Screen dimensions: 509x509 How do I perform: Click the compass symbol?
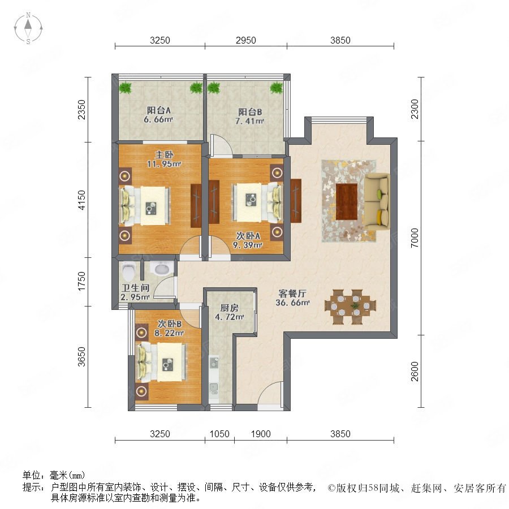(28, 28)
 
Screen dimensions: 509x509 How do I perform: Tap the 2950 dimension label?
(246, 41)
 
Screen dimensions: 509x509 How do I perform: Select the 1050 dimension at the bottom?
(219, 434)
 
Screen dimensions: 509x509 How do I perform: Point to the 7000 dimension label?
(415, 238)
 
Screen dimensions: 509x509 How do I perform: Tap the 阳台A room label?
(159, 110)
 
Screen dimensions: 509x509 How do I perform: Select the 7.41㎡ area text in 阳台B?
(249, 122)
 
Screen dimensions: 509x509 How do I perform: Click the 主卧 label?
(164, 155)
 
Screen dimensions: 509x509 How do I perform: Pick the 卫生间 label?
(135, 288)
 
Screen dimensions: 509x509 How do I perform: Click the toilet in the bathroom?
(128, 271)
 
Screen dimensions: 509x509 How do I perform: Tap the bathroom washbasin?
(161, 269)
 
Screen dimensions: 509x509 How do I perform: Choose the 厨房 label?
(229, 308)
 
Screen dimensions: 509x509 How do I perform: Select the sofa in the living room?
(377, 201)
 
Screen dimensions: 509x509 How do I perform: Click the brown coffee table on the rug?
(347, 201)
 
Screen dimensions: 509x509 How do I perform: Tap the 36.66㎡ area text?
(292, 303)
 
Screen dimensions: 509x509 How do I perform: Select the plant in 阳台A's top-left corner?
(124, 88)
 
